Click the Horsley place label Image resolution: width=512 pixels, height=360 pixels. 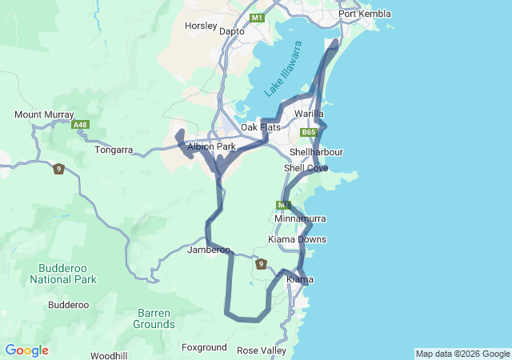(x=201, y=26)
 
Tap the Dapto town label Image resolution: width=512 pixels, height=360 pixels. (x=232, y=32)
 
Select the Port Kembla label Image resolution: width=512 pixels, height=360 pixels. (x=364, y=14)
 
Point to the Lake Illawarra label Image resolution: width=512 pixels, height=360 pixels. (x=284, y=70)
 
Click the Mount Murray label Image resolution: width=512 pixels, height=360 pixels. (x=44, y=115)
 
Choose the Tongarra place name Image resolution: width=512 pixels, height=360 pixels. (x=114, y=150)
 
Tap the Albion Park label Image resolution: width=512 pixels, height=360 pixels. (x=211, y=147)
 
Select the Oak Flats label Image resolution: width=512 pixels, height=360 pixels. (x=261, y=128)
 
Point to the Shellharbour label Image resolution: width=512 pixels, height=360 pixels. (x=316, y=152)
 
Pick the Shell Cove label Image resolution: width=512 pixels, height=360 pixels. (x=306, y=168)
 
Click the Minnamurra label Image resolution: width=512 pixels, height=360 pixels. (x=300, y=218)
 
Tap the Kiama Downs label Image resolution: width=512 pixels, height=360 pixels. (x=297, y=239)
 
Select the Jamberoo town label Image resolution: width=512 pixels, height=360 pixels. (x=209, y=250)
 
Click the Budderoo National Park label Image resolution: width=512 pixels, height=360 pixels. (x=63, y=274)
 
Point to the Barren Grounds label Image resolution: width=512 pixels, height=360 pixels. (x=154, y=318)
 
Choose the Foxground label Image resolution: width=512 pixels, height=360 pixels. (x=204, y=348)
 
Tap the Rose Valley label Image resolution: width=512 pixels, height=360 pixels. (x=262, y=350)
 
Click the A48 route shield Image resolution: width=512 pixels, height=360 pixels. (x=80, y=125)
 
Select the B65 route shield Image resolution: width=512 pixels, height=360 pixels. (x=310, y=132)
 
